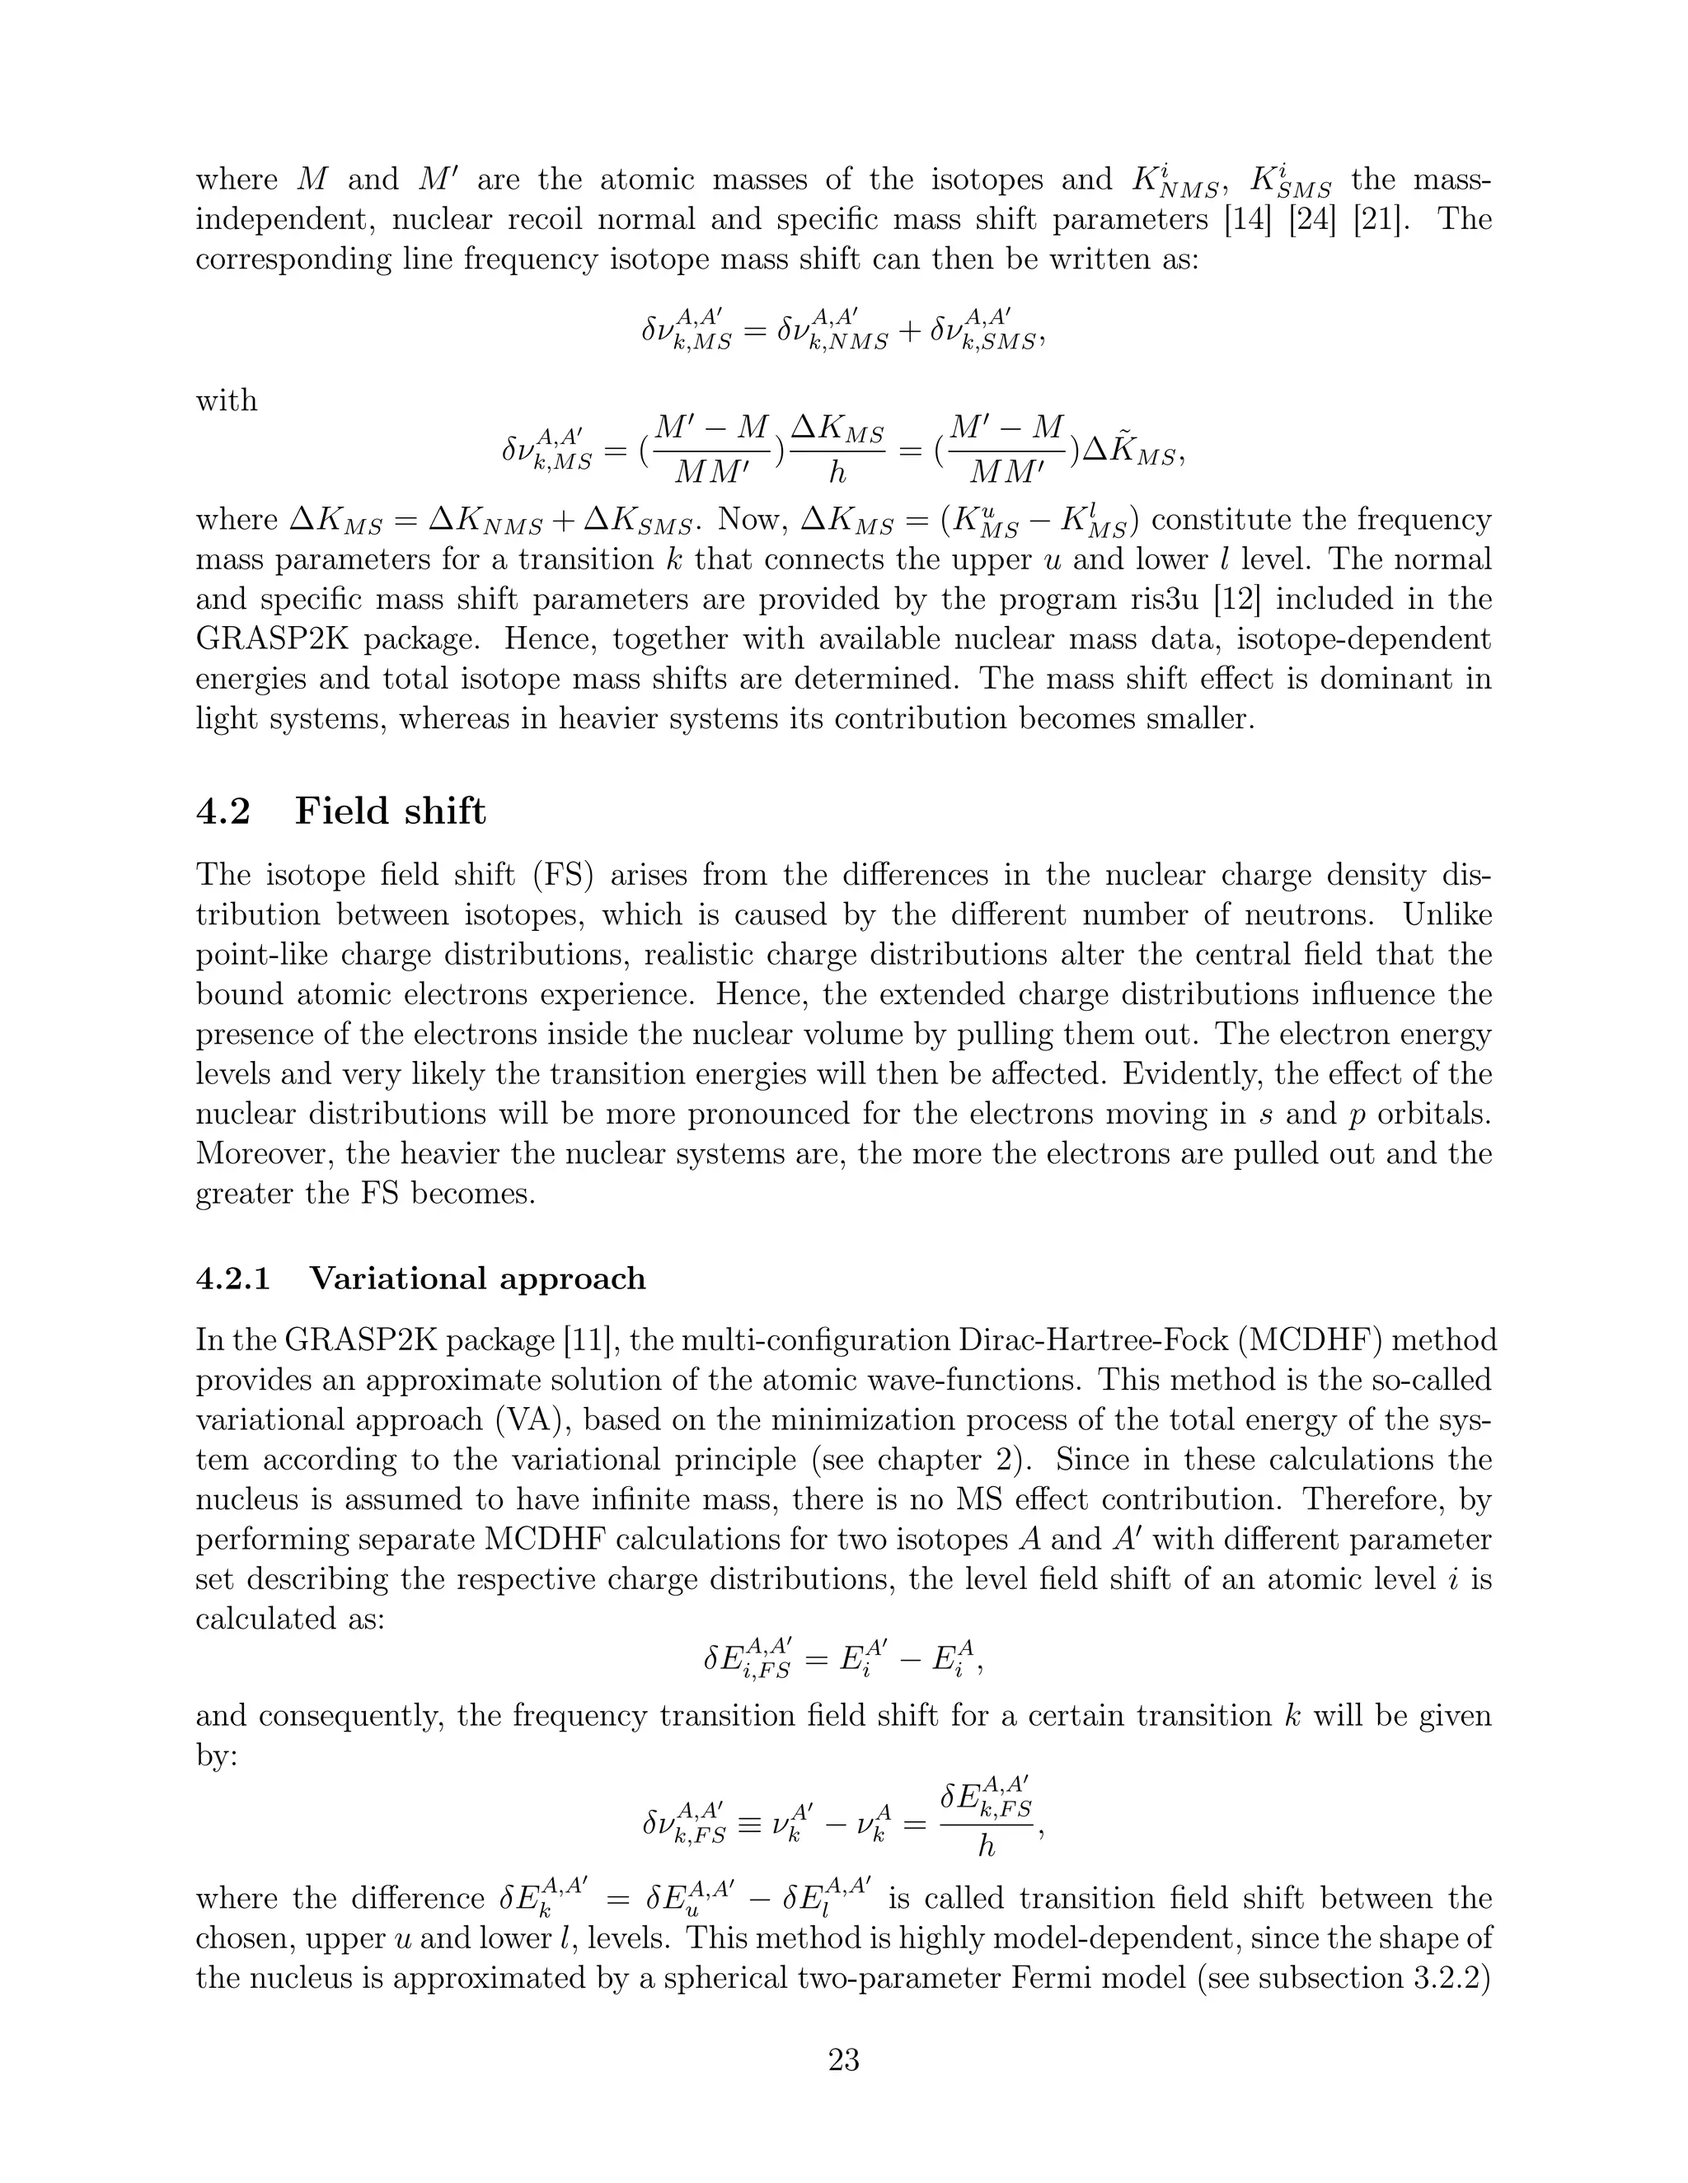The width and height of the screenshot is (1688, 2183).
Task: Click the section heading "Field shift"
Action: click(x=390, y=811)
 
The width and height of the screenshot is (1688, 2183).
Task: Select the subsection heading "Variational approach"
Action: click(x=477, y=1278)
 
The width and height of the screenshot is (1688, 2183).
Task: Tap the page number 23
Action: click(x=844, y=2059)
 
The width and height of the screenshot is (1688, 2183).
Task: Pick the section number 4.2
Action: click(x=222, y=811)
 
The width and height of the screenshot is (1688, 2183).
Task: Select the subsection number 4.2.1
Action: click(x=233, y=1278)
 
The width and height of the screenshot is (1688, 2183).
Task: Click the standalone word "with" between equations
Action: click(x=226, y=401)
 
